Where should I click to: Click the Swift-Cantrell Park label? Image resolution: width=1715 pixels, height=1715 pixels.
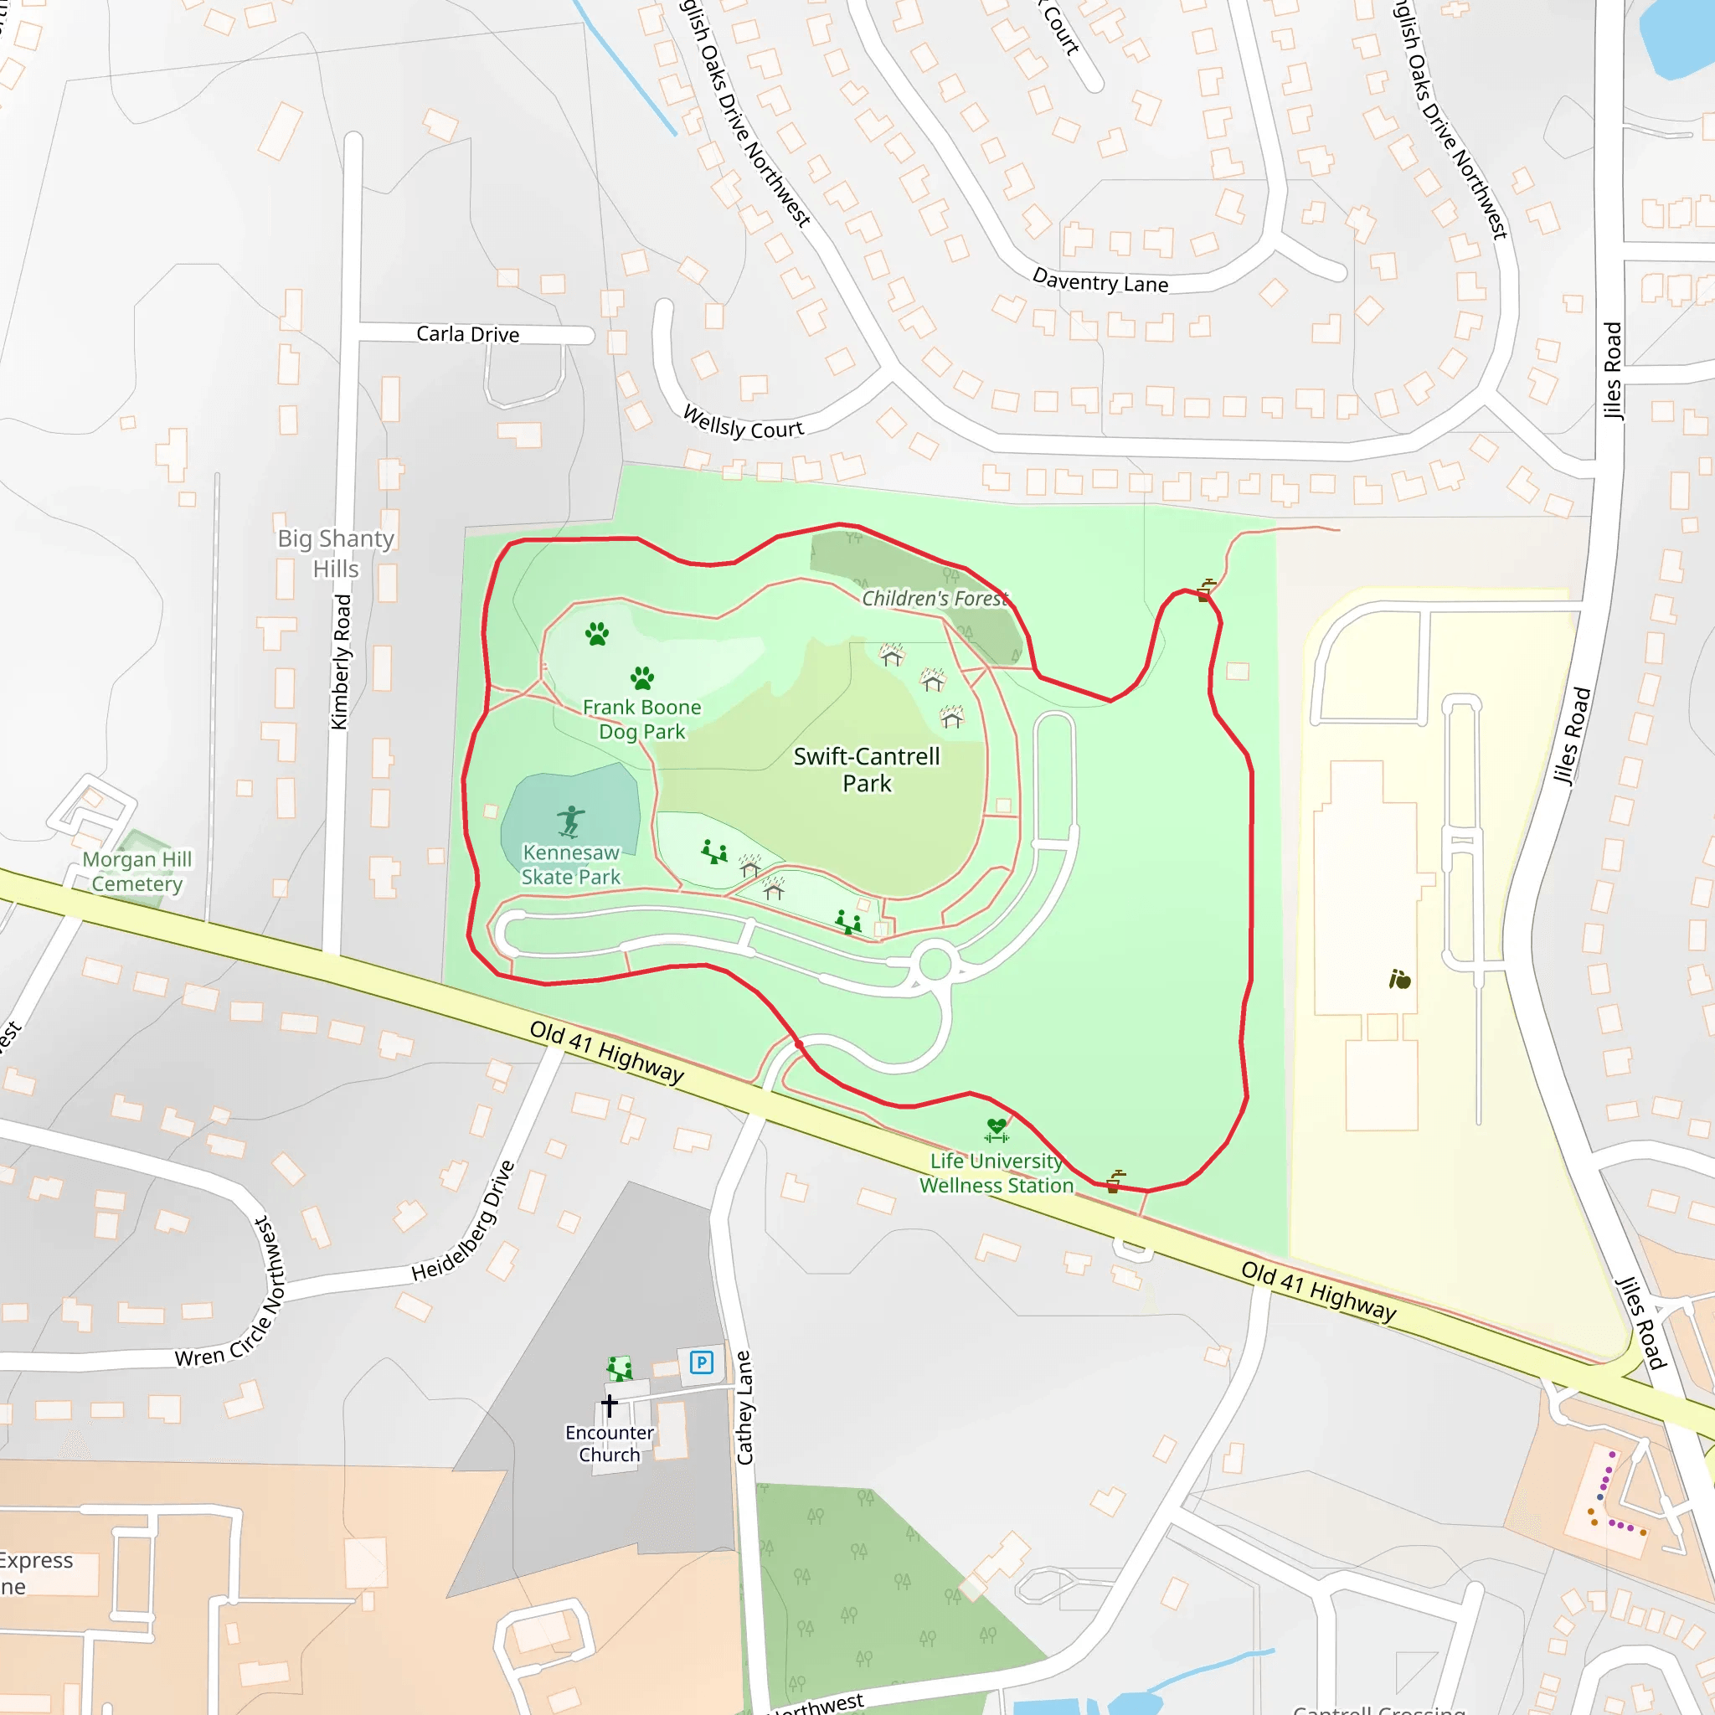click(867, 770)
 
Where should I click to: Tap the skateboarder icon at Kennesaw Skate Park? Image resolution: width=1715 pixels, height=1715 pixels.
click(571, 821)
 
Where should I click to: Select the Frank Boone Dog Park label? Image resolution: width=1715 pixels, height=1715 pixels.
click(641, 719)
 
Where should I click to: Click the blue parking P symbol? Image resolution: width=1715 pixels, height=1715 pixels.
click(701, 1362)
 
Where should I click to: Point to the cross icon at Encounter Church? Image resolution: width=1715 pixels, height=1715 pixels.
click(609, 1405)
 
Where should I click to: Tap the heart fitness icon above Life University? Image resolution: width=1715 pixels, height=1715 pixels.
click(997, 1130)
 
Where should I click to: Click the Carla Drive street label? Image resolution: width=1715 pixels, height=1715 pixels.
click(468, 334)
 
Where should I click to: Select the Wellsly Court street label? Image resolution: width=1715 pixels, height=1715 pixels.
click(743, 424)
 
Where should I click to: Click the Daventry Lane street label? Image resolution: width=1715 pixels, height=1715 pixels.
click(1100, 281)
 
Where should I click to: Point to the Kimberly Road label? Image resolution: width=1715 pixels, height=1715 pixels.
click(341, 662)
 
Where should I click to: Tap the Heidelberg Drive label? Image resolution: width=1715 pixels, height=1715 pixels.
click(462, 1222)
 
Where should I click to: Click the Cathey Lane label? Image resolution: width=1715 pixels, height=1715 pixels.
click(744, 1408)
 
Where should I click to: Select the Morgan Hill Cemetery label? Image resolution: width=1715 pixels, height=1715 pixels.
click(136, 871)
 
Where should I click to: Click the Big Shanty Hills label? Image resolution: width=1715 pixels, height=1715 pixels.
click(336, 553)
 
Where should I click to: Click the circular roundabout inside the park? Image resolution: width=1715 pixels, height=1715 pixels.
click(935, 964)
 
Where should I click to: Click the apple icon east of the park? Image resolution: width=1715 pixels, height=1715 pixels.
click(1400, 979)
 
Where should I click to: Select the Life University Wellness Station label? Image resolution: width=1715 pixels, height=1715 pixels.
click(996, 1172)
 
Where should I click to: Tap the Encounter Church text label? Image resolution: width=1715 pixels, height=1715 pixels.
click(609, 1444)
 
